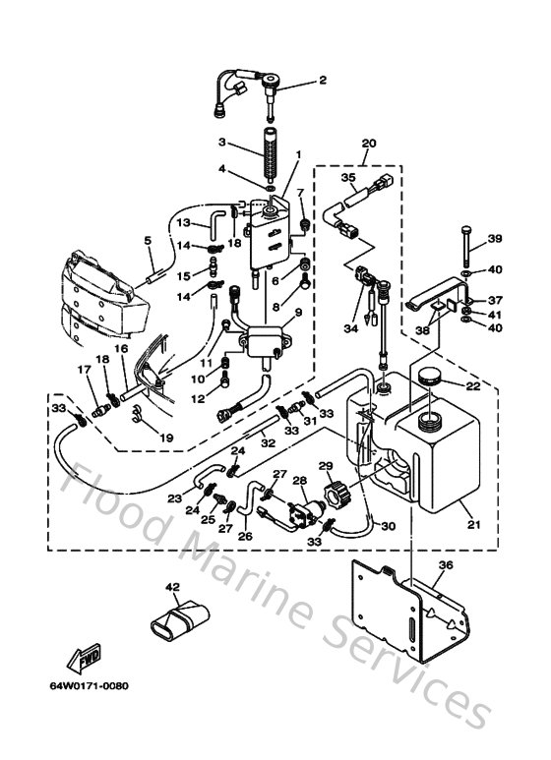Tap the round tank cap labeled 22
point(431,378)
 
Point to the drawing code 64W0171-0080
point(89,686)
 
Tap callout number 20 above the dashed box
point(369,144)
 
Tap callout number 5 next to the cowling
point(148,240)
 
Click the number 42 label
point(173,588)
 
